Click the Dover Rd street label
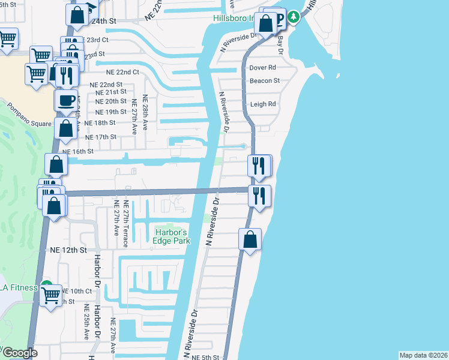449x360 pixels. click(x=263, y=68)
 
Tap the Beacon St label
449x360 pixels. click(x=265, y=80)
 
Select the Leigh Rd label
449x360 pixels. click(x=263, y=104)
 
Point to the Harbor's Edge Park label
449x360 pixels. click(x=173, y=236)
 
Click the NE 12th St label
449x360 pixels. click(x=68, y=250)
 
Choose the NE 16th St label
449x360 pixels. click(x=78, y=152)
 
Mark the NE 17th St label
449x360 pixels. click(x=101, y=137)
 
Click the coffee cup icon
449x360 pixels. click(x=66, y=100)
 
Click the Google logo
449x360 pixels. click(x=19, y=353)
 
